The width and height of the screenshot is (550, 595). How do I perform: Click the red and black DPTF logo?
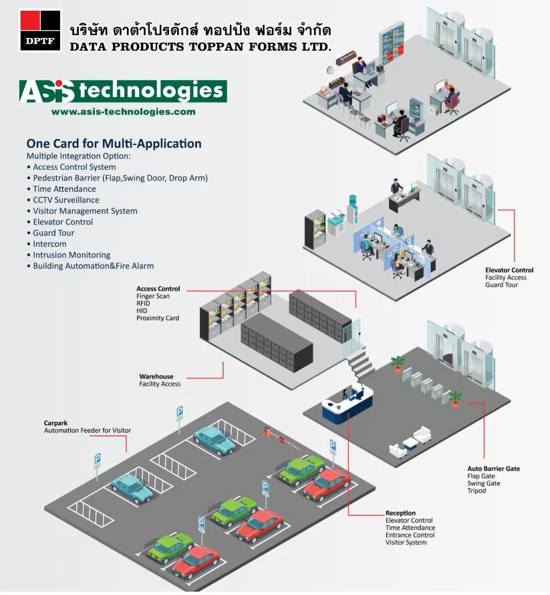[x=40, y=31]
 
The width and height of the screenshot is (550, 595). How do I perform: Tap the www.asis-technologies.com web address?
[x=124, y=112]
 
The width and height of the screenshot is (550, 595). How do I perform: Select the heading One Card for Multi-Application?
[x=114, y=143]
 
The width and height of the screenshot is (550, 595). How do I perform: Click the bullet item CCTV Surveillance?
[x=66, y=200]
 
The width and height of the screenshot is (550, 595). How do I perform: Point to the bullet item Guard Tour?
[x=54, y=233]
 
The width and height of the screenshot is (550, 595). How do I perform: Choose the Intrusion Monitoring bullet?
[x=72, y=255]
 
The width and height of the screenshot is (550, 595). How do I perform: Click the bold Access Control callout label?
[x=158, y=289]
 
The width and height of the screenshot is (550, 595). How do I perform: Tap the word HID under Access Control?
[x=142, y=311]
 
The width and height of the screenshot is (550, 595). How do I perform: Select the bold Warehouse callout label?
[x=156, y=376]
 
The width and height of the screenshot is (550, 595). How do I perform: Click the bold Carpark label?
[x=56, y=423]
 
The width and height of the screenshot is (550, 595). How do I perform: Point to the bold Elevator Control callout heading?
[x=509, y=270]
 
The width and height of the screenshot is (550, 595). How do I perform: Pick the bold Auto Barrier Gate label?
[x=493, y=469]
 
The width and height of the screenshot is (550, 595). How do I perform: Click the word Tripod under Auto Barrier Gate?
[x=476, y=491]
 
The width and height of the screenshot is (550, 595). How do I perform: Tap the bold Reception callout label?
[x=400, y=513]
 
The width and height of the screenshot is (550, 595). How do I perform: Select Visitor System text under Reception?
[x=406, y=542]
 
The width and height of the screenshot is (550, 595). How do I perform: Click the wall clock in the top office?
[x=329, y=70]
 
